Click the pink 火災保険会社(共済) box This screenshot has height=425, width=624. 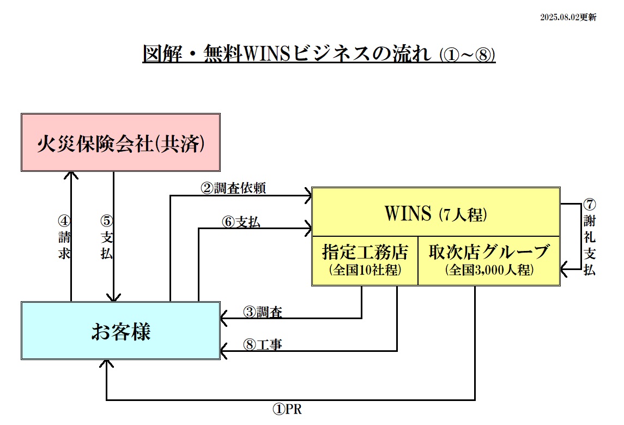click(x=120, y=143)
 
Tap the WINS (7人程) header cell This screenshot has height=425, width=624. click(x=435, y=213)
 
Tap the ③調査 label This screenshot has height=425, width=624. click(x=262, y=312)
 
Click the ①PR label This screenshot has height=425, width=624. click(x=287, y=409)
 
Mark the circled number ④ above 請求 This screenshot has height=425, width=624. click(x=64, y=222)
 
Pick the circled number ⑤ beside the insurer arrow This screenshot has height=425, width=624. click(x=106, y=222)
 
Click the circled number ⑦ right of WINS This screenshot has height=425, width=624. click(x=589, y=205)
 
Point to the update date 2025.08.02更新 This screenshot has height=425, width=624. click(x=568, y=17)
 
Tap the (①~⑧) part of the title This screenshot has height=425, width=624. click(x=467, y=55)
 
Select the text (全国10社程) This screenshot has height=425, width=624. click(x=365, y=270)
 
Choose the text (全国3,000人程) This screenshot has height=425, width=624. click(x=489, y=270)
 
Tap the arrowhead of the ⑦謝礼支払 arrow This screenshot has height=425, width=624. click(x=565, y=267)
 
